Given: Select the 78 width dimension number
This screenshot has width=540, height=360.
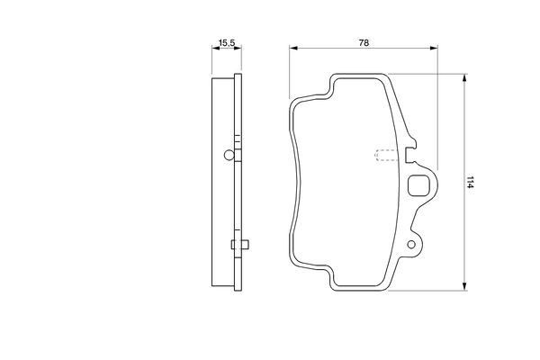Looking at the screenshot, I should (x=364, y=42).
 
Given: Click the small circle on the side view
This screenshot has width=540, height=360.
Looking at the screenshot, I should (x=229, y=155).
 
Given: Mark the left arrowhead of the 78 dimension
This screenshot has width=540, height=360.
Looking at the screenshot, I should (x=293, y=51).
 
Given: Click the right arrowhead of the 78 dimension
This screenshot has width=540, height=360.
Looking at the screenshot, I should (x=436, y=51).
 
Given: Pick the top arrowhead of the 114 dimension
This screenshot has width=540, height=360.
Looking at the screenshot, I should (x=463, y=78).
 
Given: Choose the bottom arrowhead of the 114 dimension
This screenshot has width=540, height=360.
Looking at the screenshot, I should (x=463, y=288).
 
